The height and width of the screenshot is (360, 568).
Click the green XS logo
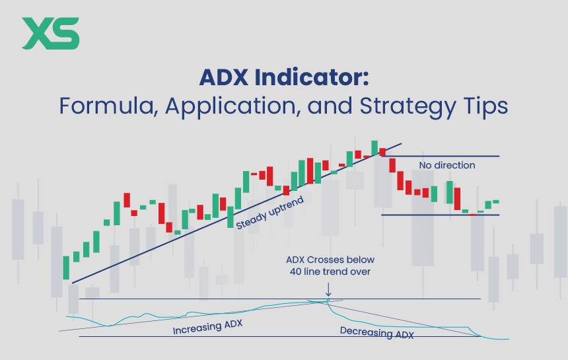tap(50, 33)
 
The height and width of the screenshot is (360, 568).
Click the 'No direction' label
tap(446, 165)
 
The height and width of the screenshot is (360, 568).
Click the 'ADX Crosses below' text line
tap(328, 260)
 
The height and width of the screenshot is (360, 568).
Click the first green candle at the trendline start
tap(66, 267)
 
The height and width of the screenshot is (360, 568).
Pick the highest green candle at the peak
tap(374, 147)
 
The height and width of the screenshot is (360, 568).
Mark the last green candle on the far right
tap(495, 201)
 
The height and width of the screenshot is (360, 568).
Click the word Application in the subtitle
tap(212, 106)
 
